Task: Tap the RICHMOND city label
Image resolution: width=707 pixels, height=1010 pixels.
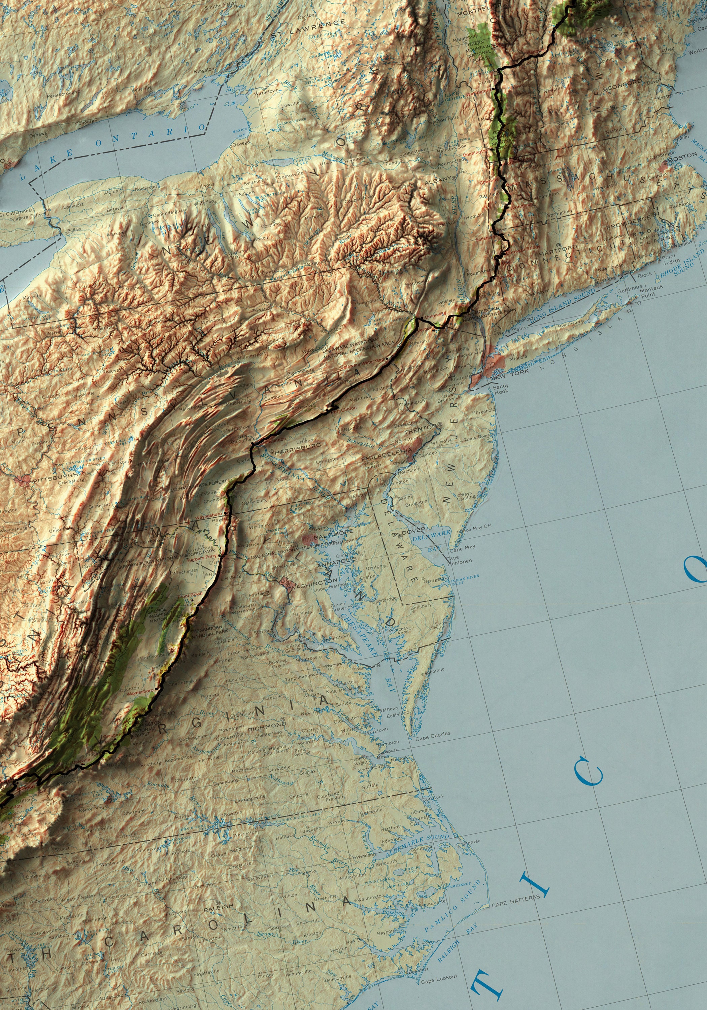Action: pyautogui.click(x=267, y=725)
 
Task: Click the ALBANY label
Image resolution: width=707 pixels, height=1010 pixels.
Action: pyautogui.click(x=438, y=179)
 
